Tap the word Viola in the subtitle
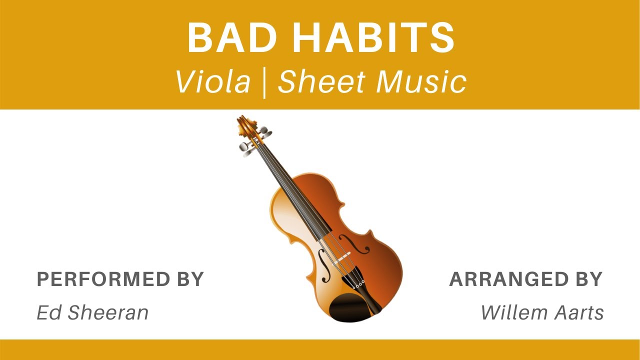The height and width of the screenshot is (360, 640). coord(213,82)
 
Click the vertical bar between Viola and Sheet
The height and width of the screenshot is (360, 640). coord(264,83)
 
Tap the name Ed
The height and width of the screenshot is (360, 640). coord(48,312)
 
